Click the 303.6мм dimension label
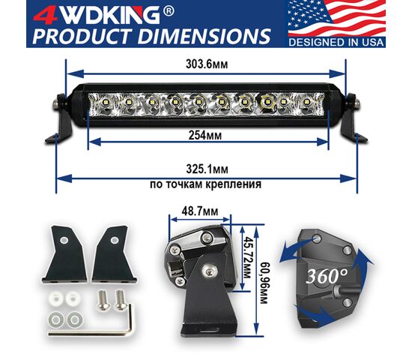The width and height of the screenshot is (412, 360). point(207,64)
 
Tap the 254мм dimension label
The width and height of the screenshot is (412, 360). point(205,135)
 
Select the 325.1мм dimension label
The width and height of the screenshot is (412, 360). point(207,169)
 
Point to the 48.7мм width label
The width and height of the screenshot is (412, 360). point(200,211)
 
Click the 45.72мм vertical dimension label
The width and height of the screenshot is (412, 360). point(246,257)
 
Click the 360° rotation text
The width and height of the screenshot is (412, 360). point(327,276)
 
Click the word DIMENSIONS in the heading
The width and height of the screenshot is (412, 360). point(204,36)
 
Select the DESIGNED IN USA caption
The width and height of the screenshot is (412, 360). point(336,42)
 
